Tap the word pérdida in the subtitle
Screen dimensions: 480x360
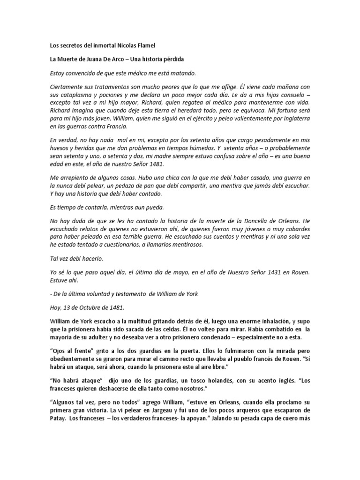click(173, 60)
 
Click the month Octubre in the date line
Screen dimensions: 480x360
click(87, 307)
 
